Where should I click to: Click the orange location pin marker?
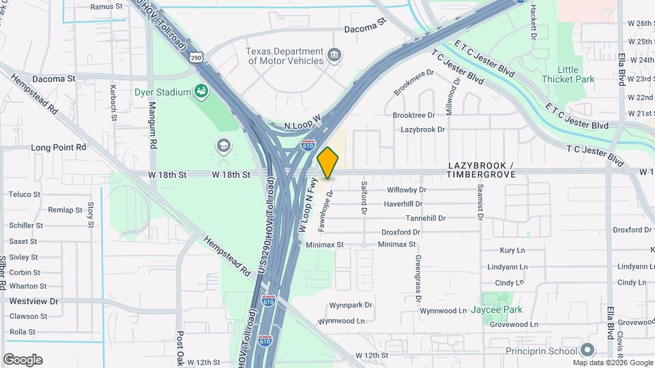(x=328, y=162)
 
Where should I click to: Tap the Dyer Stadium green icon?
(x=201, y=91)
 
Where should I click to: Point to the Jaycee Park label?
(x=496, y=310)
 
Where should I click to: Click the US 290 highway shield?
(x=196, y=59)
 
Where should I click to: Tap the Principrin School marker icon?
(x=589, y=350)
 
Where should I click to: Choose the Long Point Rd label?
(x=59, y=147)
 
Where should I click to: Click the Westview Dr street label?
(x=33, y=301)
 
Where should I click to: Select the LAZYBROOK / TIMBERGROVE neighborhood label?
(x=481, y=170)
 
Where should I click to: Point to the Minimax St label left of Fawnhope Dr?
(x=324, y=244)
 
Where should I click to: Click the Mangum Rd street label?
(x=154, y=127)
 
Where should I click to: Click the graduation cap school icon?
(x=222, y=146)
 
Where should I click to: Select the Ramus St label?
(x=106, y=6)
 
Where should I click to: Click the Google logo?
(x=23, y=359)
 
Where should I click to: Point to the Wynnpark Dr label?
(x=350, y=305)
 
